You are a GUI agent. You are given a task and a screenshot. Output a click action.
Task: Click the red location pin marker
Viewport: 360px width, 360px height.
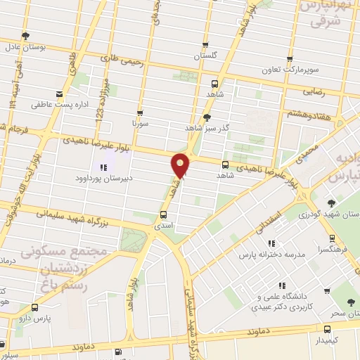[x=181, y=165]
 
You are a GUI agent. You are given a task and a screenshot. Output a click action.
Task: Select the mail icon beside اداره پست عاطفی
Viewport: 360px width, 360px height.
[x=59, y=94]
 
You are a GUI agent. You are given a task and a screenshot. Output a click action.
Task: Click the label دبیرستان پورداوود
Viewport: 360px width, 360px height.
[x=104, y=179]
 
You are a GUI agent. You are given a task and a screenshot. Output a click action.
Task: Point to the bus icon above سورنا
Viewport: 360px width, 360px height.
[x=140, y=112]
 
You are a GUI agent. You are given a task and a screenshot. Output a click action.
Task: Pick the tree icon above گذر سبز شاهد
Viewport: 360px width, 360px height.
[x=207, y=117]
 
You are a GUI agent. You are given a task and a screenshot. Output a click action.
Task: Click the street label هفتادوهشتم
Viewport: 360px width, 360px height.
[x=309, y=112]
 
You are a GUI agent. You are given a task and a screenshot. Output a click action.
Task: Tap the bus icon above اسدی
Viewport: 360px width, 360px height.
[x=164, y=215]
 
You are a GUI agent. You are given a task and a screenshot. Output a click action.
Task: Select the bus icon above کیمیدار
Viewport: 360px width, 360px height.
[x=327, y=329]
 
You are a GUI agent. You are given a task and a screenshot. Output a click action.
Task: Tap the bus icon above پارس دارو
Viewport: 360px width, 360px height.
[x=35, y=307]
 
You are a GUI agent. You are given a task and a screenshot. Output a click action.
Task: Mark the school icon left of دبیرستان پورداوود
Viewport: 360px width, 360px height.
[x=104, y=167]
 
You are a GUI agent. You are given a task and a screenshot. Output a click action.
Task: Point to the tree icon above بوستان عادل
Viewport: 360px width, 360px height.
[x=26, y=35]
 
